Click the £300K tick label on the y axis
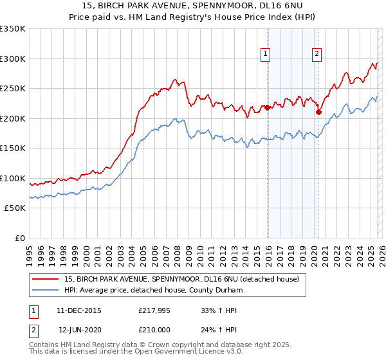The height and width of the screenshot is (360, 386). click(13, 59)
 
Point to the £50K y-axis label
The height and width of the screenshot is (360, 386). click(15, 208)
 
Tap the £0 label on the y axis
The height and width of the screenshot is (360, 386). click(19, 238)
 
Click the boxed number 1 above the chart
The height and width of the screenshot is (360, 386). click(266, 55)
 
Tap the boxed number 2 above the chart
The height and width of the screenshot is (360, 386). click(317, 55)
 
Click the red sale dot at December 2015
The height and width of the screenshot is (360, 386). click(267, 108)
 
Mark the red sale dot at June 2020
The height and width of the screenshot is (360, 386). click(318, 113)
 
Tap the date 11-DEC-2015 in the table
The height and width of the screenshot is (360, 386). click(78, 310)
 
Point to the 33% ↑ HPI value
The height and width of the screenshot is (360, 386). click(219, 310)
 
